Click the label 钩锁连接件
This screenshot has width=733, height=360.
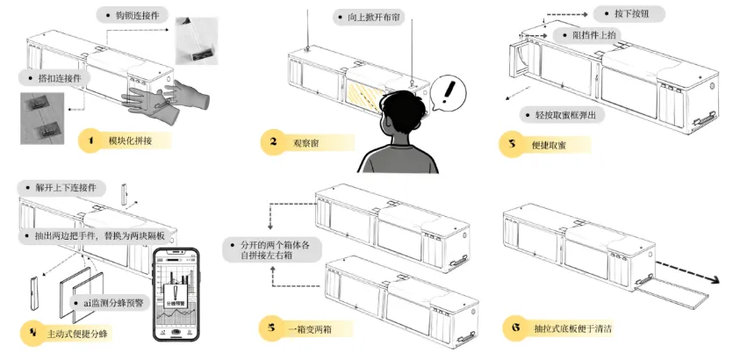click(133, 15)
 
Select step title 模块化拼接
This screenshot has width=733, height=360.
click(126, 140)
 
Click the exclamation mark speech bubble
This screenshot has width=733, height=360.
click(450, 90)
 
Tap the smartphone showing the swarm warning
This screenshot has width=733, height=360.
click(176, 293)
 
